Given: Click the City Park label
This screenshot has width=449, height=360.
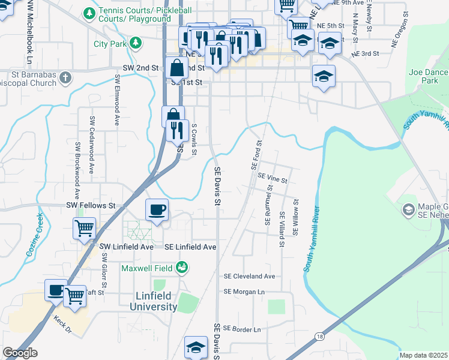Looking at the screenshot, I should click(110, 44).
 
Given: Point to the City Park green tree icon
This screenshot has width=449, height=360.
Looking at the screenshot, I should click(136, 43).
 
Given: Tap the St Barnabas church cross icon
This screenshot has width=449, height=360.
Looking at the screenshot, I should click(65, 77).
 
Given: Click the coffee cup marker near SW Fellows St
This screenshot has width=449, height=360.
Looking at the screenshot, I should click(157, 210).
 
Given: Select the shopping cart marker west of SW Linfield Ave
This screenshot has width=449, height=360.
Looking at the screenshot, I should click(84, 228).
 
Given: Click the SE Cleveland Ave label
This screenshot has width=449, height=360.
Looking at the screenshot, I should click(249, 277).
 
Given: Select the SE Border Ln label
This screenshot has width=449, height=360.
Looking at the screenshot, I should click(242, 329).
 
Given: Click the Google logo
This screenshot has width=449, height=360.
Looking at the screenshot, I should click(20, 353).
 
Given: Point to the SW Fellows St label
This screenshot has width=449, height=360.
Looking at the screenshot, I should click(91, 205).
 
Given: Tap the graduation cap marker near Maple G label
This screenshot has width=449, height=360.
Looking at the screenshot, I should click(408, 209).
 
